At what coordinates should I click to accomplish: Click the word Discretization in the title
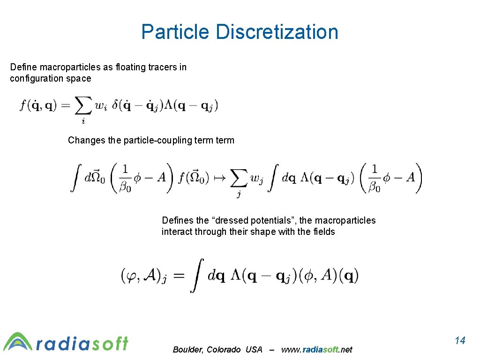(277, 32)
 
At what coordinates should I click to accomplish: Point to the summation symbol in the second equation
(239, 179)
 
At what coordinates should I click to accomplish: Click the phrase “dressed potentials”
(250, 220)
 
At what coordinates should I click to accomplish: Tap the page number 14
(460, 340)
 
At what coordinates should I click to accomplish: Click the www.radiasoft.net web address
(316, 349)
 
